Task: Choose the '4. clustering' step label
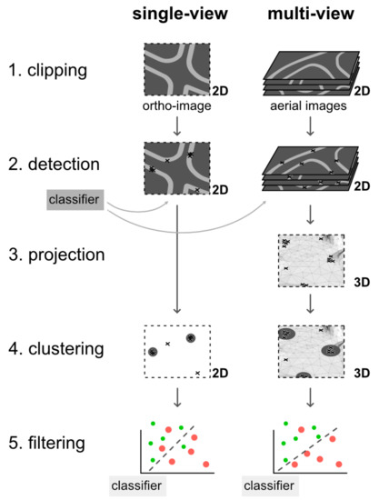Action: click(55, 348)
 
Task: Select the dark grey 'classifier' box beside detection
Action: click(76, 195)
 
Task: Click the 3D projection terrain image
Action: click(310, 260)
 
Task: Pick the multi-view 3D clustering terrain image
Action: click(310, 351)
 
